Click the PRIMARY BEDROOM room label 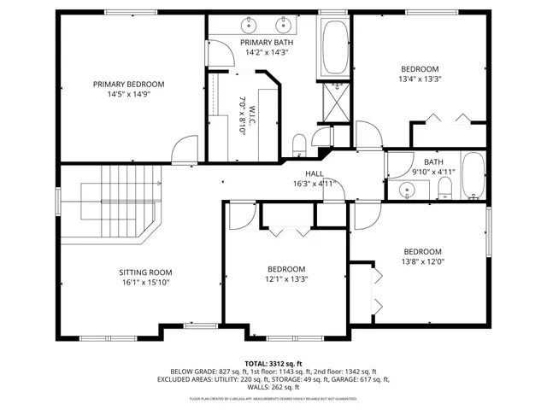point(129,85)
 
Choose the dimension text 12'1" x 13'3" point(285,278)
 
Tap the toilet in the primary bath point(298,142)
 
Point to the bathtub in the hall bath point(473,176)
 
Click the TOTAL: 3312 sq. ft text point(273,363)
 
